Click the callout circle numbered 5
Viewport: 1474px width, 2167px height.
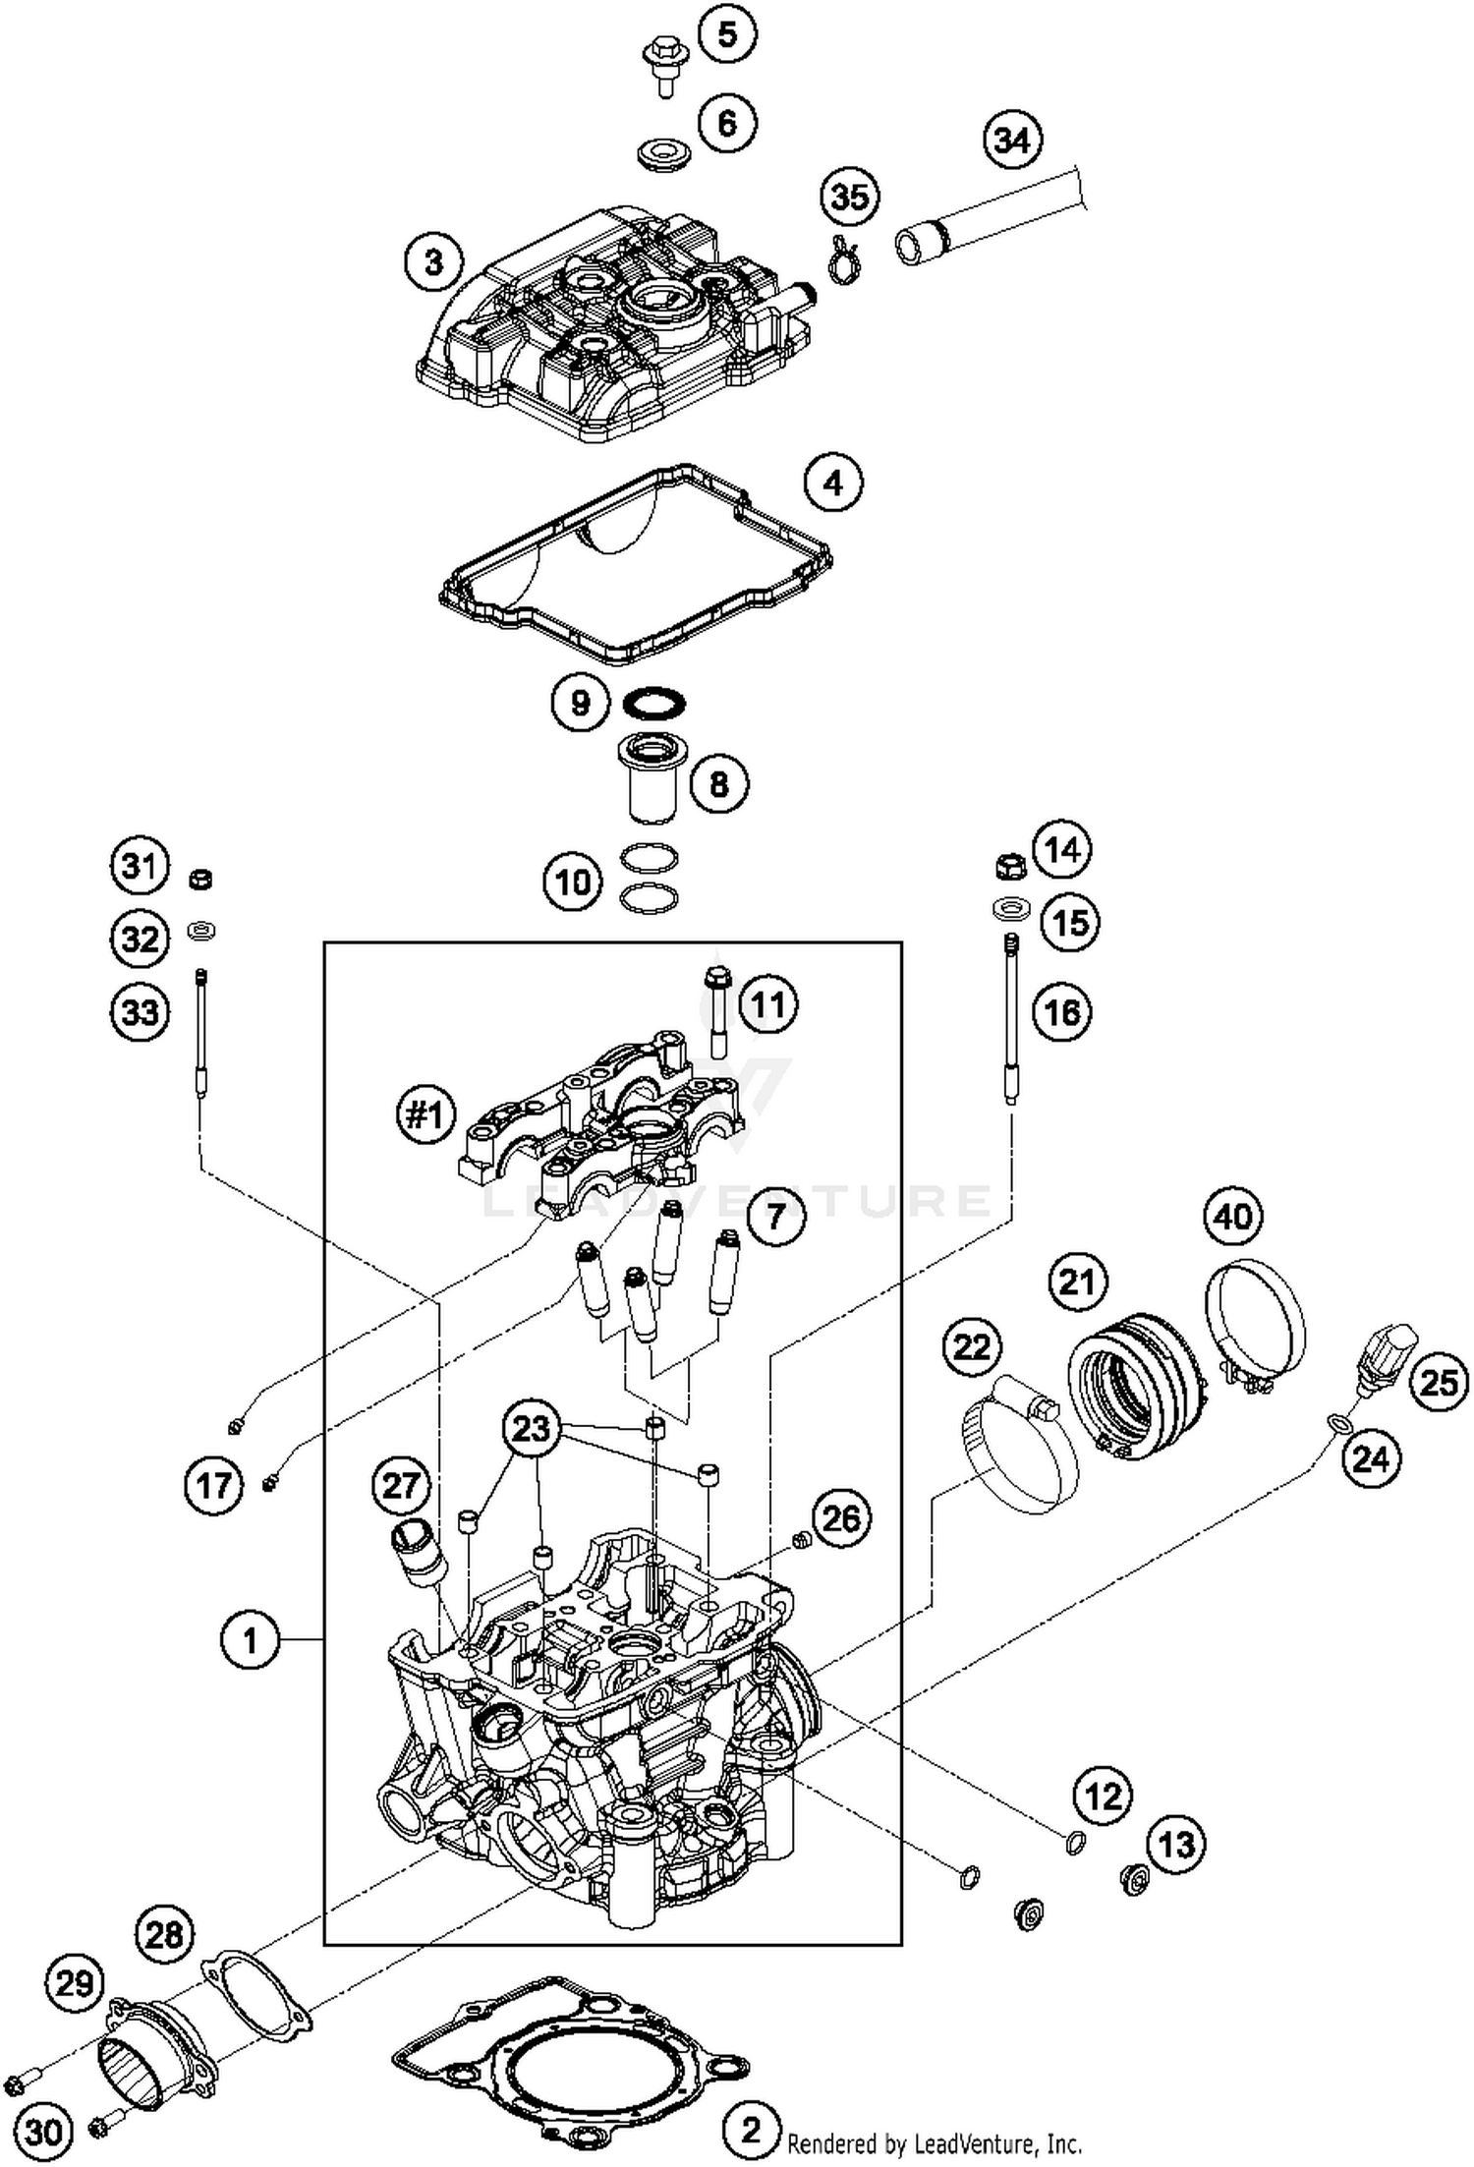coord(726,35)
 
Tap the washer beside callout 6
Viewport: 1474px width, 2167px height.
coord(661,154)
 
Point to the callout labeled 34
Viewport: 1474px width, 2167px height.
coord(1012,140)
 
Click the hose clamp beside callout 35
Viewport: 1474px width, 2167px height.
coord(843,259)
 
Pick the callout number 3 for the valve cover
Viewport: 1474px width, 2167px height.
coord(433,262)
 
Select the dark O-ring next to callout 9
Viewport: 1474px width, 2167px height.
coord(654,703)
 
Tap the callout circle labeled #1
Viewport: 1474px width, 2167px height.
coord(425,1114)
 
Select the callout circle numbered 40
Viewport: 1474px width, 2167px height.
coord(1233,1217)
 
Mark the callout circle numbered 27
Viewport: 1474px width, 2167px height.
coord(401,1485)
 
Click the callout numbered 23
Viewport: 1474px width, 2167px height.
coord(531,1427)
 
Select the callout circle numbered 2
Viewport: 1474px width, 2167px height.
coord(750,2130)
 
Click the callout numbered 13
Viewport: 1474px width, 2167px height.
coord(1176,1845)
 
